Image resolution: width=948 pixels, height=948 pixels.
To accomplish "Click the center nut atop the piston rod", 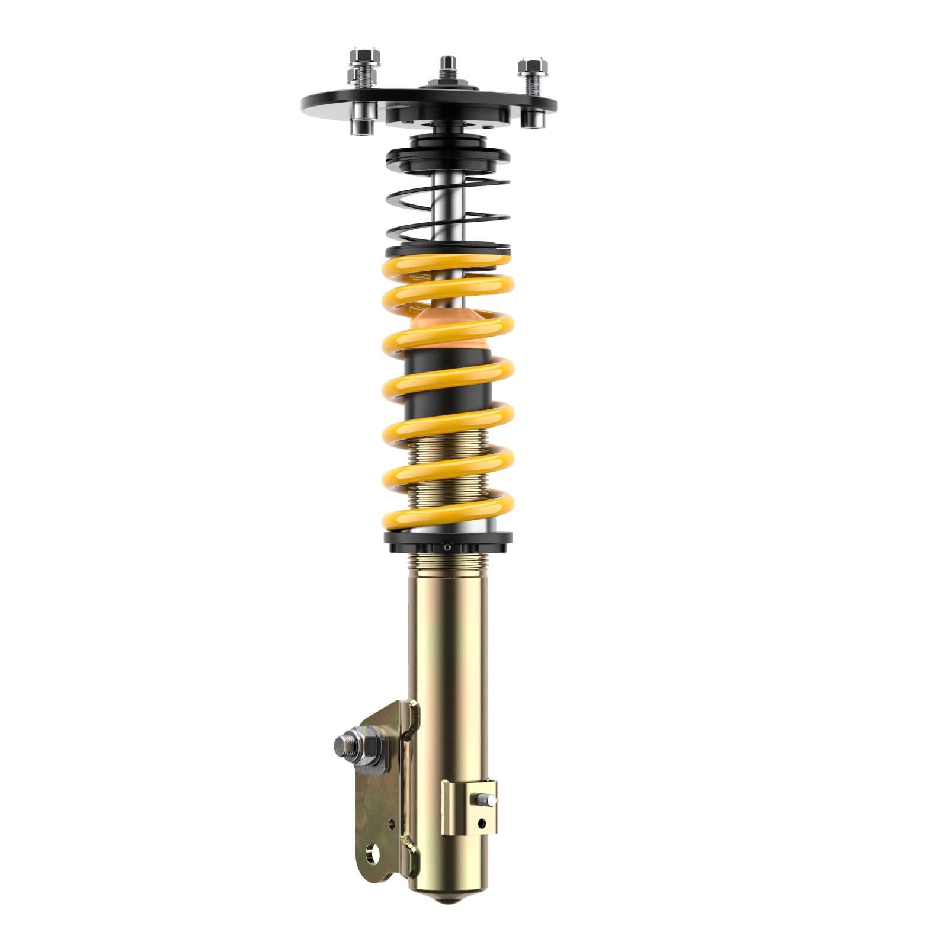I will pyautogui.click(x=448, y=63).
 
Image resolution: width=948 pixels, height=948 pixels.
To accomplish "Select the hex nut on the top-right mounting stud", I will pyautogui.click(x=531, y=66).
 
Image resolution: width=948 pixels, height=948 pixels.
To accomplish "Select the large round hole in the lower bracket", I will pyautogui.click(x=373, y=853).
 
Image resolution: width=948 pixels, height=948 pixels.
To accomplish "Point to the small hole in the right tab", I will pyautogui.click(x=481, y=823).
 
